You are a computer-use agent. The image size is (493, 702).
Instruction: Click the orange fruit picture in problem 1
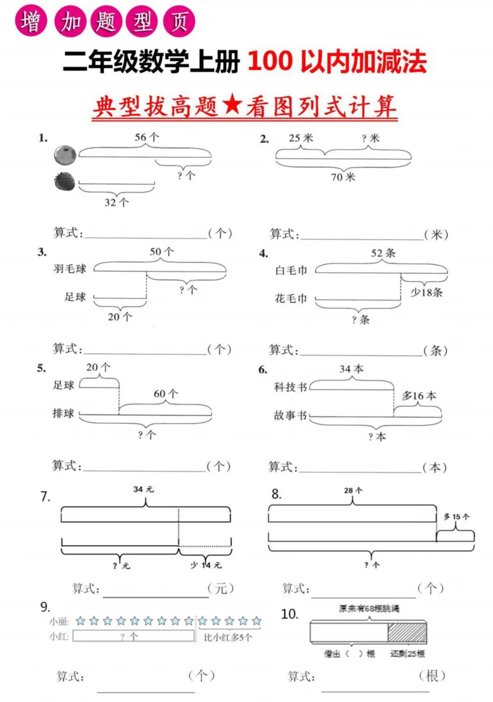[63, 154]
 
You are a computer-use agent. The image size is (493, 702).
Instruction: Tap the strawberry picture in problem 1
[63, 181]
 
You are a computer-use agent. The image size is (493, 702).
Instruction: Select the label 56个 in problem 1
[147, 138]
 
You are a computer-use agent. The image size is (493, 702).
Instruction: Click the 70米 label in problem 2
[343, 178]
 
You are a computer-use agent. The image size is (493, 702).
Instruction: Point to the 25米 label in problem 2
[301, 139]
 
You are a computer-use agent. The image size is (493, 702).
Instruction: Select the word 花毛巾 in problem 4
[291, 300]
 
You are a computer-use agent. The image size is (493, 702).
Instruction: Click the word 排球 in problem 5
[63, 414]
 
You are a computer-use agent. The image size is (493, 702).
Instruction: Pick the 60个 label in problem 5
[165, 393]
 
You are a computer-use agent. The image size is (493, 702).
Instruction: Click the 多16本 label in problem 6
[418, 396]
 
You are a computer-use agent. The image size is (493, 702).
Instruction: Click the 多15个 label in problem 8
[457, 516]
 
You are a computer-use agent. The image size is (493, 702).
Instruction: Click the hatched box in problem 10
[407, 633]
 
